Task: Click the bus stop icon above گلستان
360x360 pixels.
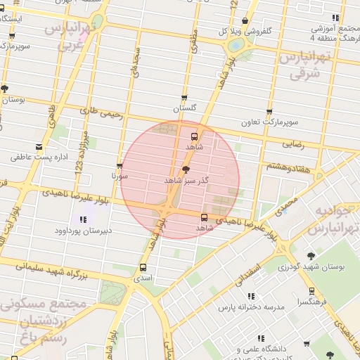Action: (184, 98)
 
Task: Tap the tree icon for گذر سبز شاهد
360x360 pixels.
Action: (186, 169)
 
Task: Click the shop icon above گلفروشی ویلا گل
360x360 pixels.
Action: (245, 21)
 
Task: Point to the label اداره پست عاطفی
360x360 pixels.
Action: (39, 157)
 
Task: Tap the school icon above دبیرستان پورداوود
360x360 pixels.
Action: (84, 219)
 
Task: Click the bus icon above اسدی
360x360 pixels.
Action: (143, 267)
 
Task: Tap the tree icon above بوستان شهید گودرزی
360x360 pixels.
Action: (311, 256)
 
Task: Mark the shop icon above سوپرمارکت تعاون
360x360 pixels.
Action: (269, 112)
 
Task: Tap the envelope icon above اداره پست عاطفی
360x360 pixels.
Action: (39, 148)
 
